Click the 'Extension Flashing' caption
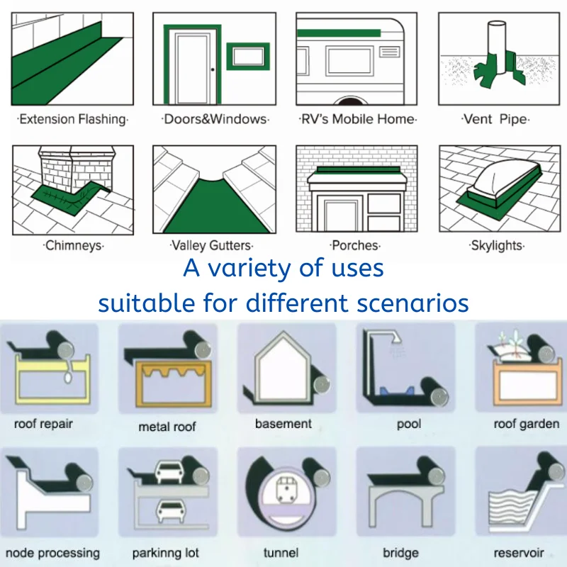click(x=72, y=119)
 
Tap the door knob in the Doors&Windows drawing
click(x=211, y=69)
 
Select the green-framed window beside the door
click(x=248, y=56)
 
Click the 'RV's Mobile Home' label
click(x=357, y=119)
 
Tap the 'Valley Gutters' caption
click(x=211, y=246)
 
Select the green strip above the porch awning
click(x=357, y=170)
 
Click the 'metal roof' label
click(x=168, y=427)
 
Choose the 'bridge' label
click(x=400, y=552)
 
